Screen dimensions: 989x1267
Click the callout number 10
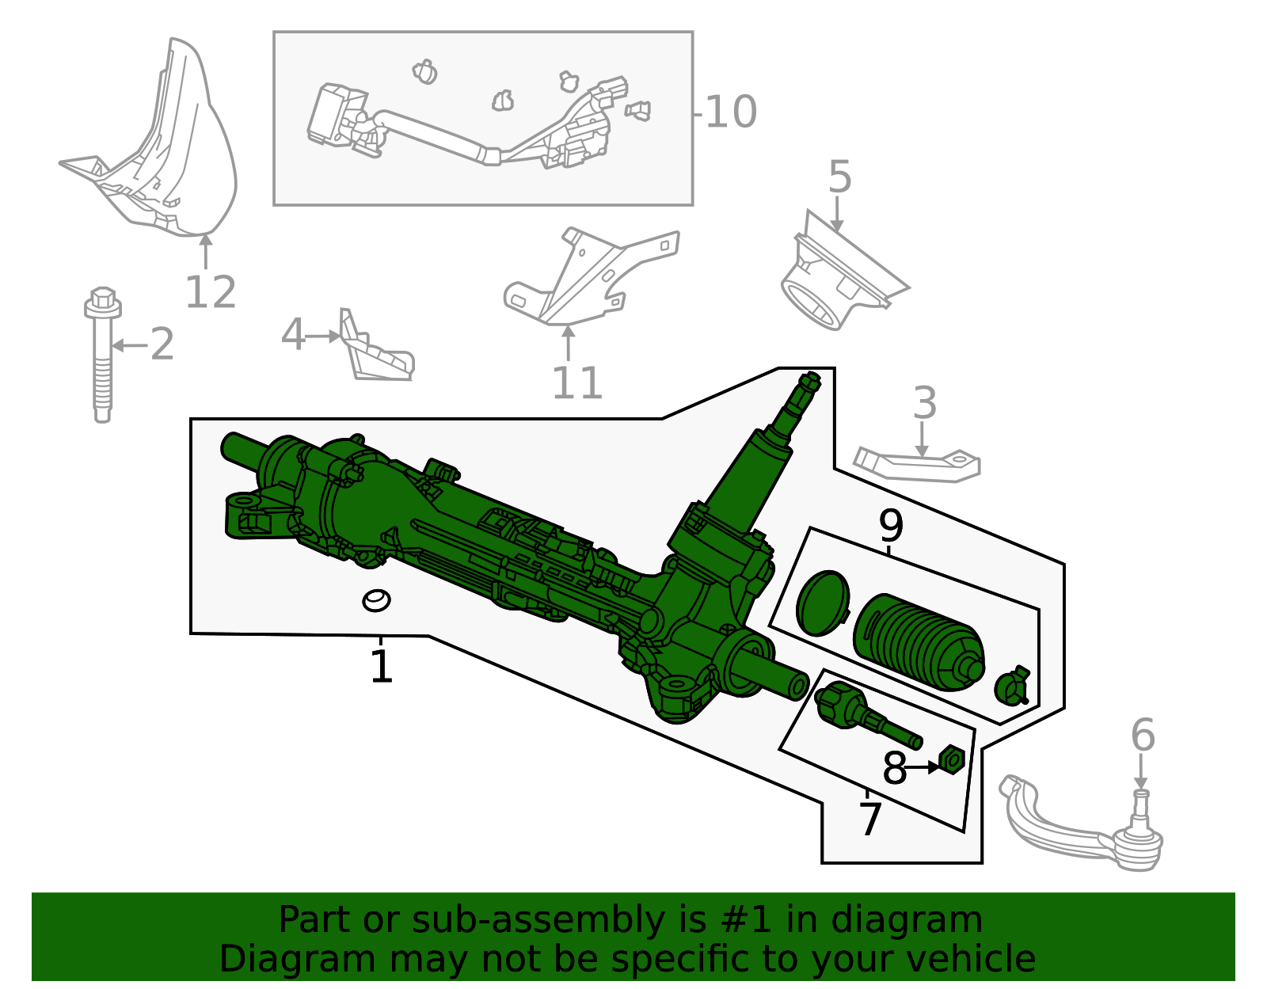(x=730, y=112)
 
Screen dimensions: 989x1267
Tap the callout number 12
(x=211, y=293)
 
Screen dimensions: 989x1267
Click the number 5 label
(x=839, y=177)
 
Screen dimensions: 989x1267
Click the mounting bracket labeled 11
(x=586, y=277)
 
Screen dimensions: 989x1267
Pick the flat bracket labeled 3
(x=919, y=465)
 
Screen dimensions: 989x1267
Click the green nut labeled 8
(x=951, y=759)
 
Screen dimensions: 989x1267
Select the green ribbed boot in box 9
(x=919, y=641)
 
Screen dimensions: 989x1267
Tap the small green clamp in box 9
(x=1011, y=686)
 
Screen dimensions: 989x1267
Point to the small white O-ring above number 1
(x=376, y=601)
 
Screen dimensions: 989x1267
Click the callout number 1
(x=381, y=667)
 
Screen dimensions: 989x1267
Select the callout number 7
(x=869, y=819)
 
